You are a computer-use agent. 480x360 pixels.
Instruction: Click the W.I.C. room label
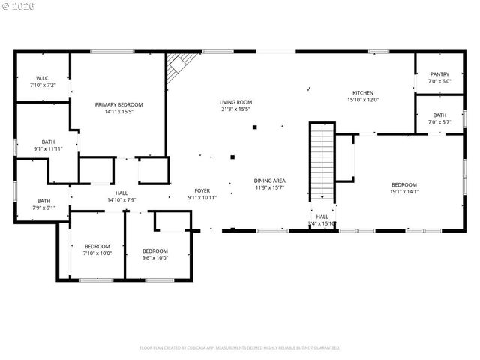[x=42, y=78]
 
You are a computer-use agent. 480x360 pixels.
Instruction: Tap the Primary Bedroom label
[x=118, y=104]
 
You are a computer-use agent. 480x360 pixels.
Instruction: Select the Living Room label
[x=235, y=102]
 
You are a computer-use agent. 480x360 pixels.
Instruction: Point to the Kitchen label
[x=363, y=92]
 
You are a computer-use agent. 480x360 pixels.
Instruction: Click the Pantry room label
[x=439, y=74]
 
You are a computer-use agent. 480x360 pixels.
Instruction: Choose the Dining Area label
[x=269, y=181]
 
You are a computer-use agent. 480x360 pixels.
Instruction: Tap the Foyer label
[x=202, y=190]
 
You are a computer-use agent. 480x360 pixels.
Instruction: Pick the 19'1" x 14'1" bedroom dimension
[x=403, y=192]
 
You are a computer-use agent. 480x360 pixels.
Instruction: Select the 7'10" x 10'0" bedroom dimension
[x=97, y=253]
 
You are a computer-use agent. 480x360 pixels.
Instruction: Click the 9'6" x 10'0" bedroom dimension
[x=155, y=258]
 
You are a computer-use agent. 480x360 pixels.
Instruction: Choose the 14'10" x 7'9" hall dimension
[x=121, y=200]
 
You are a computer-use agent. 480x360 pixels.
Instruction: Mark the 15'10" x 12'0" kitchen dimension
[x=363, y=100]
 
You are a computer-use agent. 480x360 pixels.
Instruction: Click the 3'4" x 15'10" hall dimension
[x=322, y=223]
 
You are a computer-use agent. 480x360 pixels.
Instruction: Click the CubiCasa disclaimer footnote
[x=240, y=347]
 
